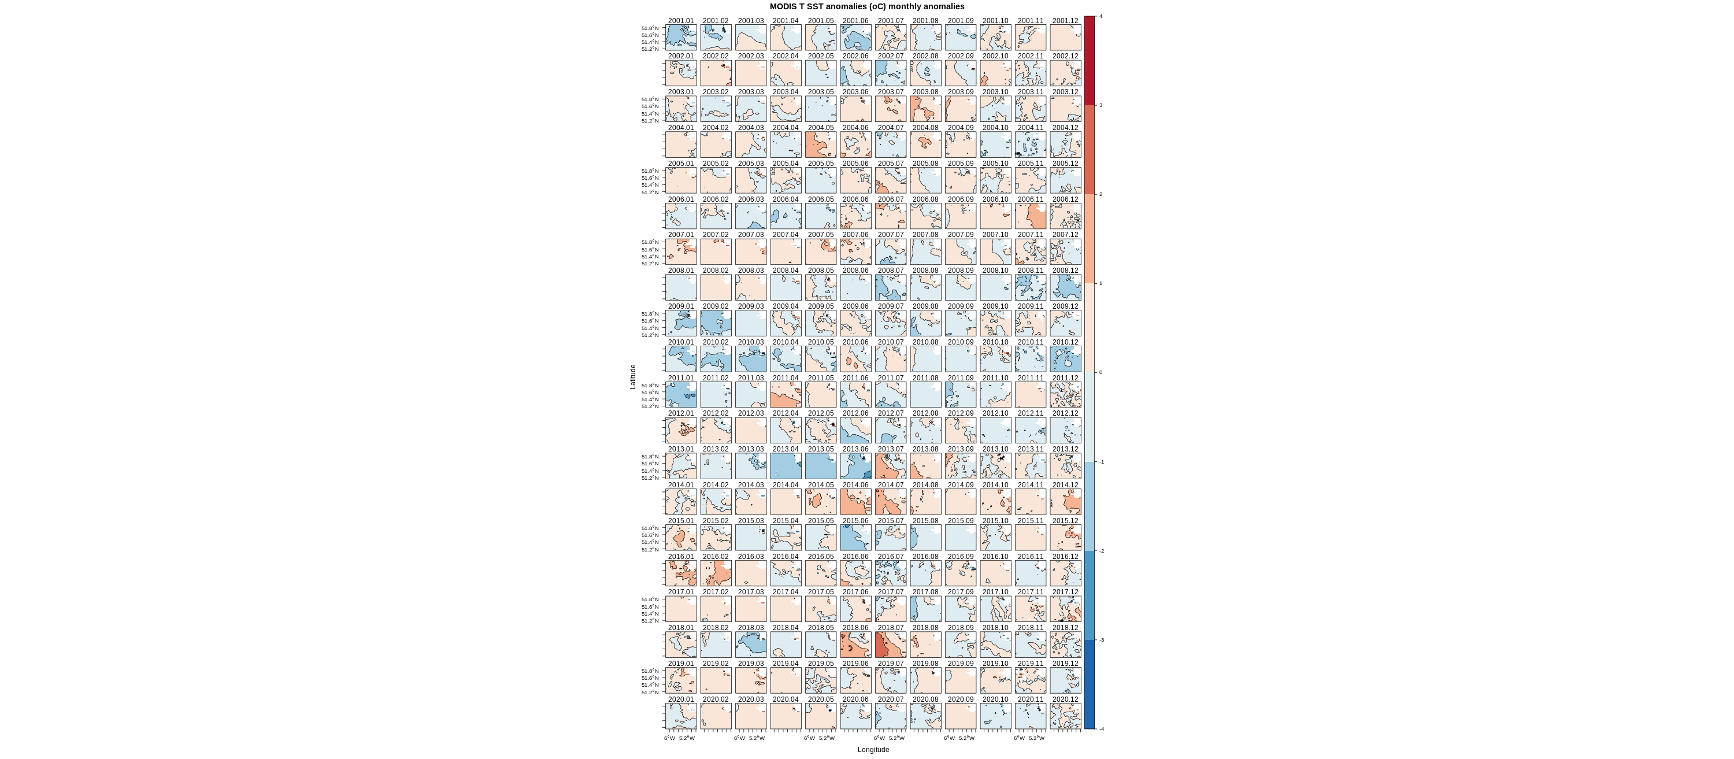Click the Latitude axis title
tap(633, 376)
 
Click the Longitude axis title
tap(873, 750)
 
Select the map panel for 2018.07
tap(891, 645)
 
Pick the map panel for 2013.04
tap(786, 466)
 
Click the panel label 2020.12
tap(1065, 699)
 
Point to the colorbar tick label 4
tap(1101, 16)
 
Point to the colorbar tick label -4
tap(1101, 729)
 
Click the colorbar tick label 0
tap(1101, 372)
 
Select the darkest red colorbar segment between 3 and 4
tap(1089, 61)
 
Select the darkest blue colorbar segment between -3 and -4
tap(1089, 684)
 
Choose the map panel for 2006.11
tap(1031, 216)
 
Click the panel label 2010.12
tap(1065, 342)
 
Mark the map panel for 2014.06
tap(855, 502)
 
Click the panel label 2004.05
tap(821, 128)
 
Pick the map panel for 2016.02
tap(716, 573)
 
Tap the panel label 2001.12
tap(1065, 21)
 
